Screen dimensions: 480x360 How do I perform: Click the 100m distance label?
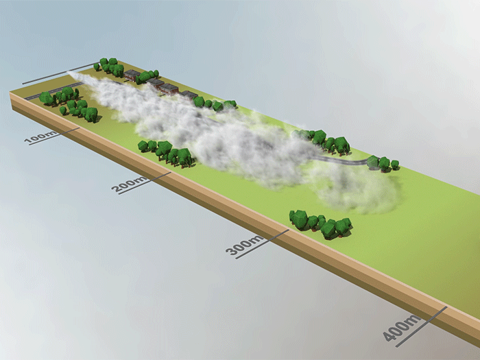(x=40, y=137)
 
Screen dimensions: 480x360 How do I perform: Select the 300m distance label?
(x=244, y=245)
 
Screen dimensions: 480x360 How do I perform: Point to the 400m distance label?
(x=402, y=327)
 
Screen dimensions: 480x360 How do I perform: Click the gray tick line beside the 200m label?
(x=145, y=183)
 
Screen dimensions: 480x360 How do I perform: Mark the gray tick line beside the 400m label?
(x=422, y=326)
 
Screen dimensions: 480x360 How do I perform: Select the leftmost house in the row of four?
(x=132, y=75)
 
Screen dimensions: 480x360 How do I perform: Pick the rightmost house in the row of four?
(x=189, y=95)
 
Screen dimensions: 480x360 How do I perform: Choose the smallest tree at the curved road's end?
(x=395, y=165)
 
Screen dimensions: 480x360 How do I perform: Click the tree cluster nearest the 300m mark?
(x=320, y=224)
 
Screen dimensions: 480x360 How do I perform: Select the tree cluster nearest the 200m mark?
(x=165, y=154)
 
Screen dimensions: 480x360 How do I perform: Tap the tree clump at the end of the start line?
(x=108, y=67)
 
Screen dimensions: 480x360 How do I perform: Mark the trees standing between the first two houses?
(x=147, y=77)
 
